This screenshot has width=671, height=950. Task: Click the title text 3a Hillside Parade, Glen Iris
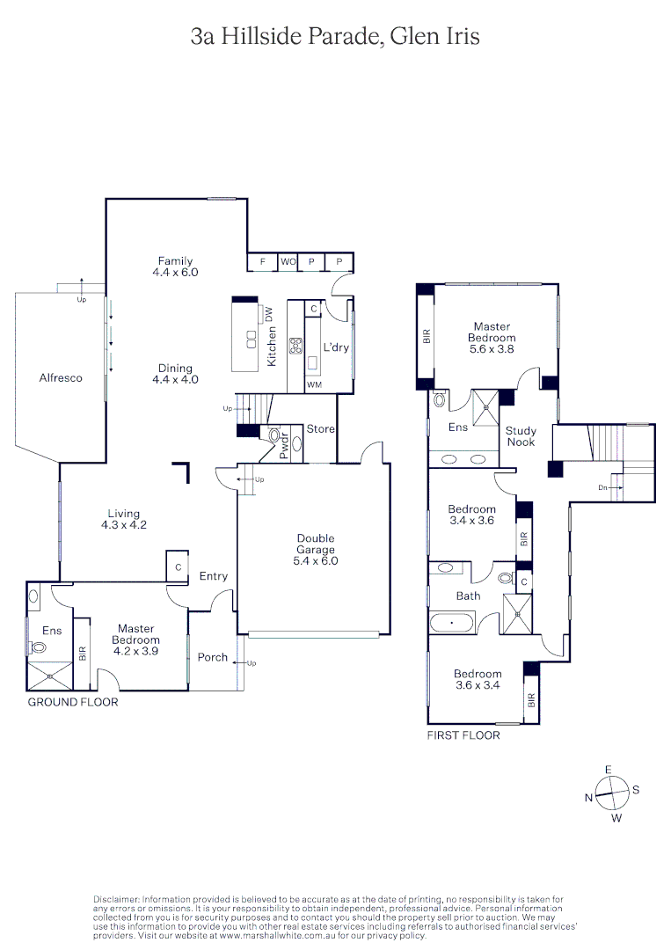tap(335, 36)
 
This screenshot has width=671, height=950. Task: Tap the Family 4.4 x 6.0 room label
tap(175, 267)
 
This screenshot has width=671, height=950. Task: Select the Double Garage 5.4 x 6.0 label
tap(315, 549)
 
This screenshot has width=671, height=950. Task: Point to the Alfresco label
tap(61, 377)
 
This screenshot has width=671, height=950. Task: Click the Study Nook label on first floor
tap(521, 436)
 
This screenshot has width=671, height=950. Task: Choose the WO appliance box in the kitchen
tap(288, 262)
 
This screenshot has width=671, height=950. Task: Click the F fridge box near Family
tap(262, 262)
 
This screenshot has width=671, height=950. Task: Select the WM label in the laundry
tap(314, 385)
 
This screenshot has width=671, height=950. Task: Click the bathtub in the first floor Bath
tap(452, 624)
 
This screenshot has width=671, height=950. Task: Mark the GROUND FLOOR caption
tap(73, 702)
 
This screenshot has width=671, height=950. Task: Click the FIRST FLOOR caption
tap(463, 734)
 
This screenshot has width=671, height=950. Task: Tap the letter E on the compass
tap(608, 770)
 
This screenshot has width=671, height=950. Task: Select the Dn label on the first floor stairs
tap(602, 486)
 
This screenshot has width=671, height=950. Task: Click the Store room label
tap(320, 429)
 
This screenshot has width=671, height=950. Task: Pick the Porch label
tap(212, 657)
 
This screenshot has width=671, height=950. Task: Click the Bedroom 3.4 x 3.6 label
tap(471, 515)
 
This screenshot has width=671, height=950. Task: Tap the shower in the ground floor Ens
tap(50, 676)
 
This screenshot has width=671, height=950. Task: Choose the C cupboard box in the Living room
tap(178, 567)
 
